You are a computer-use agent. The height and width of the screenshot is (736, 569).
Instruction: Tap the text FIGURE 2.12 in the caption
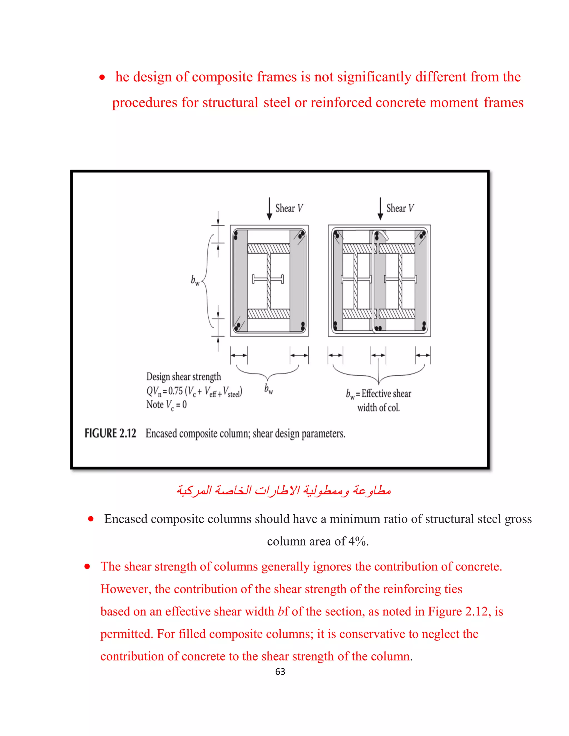[x=110, y=433]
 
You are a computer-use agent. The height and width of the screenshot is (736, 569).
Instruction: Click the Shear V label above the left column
[x=289, y=208]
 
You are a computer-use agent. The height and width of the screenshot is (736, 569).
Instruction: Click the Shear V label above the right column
[x=400, y=208]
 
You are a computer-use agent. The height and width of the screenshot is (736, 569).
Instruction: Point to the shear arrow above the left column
[x=269, y=209]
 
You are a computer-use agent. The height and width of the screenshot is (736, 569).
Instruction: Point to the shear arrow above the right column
[x=380, y=209]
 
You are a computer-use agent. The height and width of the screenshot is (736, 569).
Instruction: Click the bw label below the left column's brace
[x=269, y=389]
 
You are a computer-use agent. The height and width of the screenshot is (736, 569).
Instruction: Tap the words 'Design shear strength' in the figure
[x=184, y=376]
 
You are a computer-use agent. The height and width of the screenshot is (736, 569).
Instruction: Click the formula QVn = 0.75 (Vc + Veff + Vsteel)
[x=194, y=391]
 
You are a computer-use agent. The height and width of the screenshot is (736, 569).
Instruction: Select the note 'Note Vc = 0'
[x=166, y=405]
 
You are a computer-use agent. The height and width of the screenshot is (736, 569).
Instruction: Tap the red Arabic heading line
[x=284, y=490]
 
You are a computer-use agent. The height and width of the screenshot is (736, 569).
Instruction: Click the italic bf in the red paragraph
[x=283, y=611]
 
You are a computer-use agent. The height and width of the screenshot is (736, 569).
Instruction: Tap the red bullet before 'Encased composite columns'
[x=91, y=519]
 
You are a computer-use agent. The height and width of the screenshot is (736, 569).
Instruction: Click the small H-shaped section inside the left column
[x=268, y=279]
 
